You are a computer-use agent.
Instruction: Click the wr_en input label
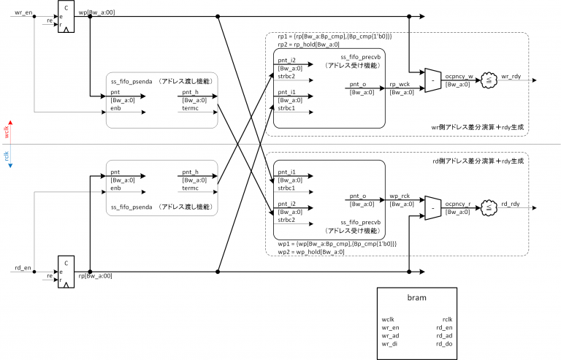(23, 12)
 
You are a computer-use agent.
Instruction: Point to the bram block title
(416, 298)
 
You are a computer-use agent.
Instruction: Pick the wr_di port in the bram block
(391, 344)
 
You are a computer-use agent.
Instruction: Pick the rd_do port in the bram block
(443, 344)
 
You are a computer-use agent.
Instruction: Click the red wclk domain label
(7, 129)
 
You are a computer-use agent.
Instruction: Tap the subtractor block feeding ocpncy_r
(432, 208)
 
